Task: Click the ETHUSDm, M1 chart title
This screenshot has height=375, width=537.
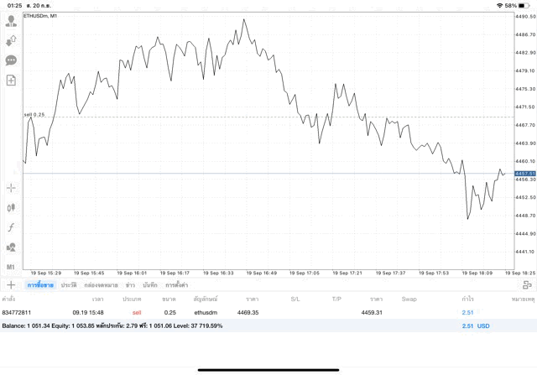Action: click(x=40, y=16)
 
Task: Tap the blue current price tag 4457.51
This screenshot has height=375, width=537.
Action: click(x=525, y=173)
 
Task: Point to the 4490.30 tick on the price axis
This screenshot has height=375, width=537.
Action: click(x=525, y=16)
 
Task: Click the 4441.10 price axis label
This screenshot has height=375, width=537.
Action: click(x=525, y=252)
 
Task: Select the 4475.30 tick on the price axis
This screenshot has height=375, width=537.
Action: click(x=525, y=89)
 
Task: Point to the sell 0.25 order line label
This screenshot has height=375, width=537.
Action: click(x=34, y=114)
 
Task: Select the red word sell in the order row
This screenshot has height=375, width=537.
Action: click(x=137, y=312)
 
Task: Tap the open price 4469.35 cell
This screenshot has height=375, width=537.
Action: click(x=248, y=312)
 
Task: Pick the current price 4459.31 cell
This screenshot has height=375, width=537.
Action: click(x=372, y=312)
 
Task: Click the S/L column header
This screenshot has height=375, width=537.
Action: click(x=295, y=299)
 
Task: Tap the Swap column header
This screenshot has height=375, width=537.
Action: click(x=409, y=299)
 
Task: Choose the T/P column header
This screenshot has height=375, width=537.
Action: click(x=336, y=299)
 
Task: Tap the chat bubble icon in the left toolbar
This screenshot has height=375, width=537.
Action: click(x=12, y=60)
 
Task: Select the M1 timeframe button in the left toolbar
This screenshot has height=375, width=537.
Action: click(x=12, y=267)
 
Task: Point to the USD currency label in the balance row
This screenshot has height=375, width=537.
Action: click(x=483, y=326)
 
